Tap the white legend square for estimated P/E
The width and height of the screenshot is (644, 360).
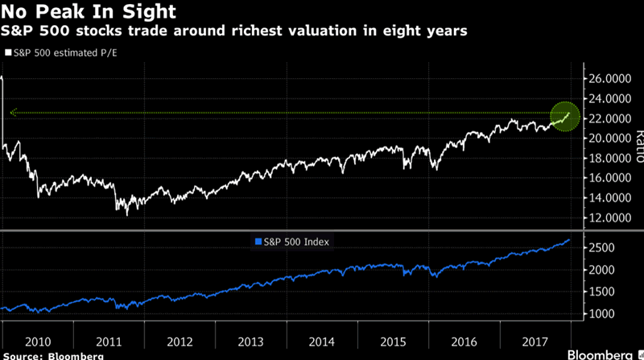click(x=7, y=52)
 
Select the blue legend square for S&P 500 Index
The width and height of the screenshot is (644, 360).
click(x=258, y=241)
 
